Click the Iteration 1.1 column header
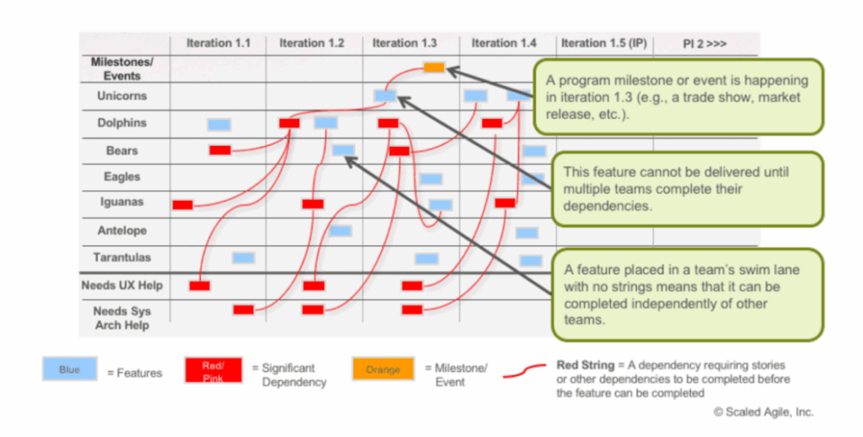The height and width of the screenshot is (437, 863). click(217, 43)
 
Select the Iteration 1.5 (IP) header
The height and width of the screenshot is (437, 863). click(603, 43)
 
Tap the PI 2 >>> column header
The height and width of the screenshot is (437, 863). click(705, 43)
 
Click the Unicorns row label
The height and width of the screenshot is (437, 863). click(121, 96)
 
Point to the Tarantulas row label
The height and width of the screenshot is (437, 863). click(121, 257)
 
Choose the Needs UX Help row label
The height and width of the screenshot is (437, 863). click(121, 285)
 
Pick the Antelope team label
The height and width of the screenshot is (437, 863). click(121, 230)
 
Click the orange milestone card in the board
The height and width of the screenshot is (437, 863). click(434, 67)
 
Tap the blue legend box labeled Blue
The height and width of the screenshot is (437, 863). click(68, 370)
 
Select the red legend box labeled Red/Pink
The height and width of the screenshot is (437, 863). click(212, 370)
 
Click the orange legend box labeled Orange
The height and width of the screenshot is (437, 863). click(383, 370)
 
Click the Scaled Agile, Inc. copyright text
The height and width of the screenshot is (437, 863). click(763, 413)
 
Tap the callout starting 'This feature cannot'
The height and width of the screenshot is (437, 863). click(687, 189)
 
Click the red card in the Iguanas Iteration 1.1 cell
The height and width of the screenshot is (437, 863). click(182, 204)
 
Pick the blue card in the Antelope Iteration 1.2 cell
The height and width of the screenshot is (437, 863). click(340, 231)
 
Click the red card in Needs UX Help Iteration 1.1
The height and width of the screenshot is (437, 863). click(200, 285)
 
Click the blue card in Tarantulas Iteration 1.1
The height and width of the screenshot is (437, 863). click(244, 258)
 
